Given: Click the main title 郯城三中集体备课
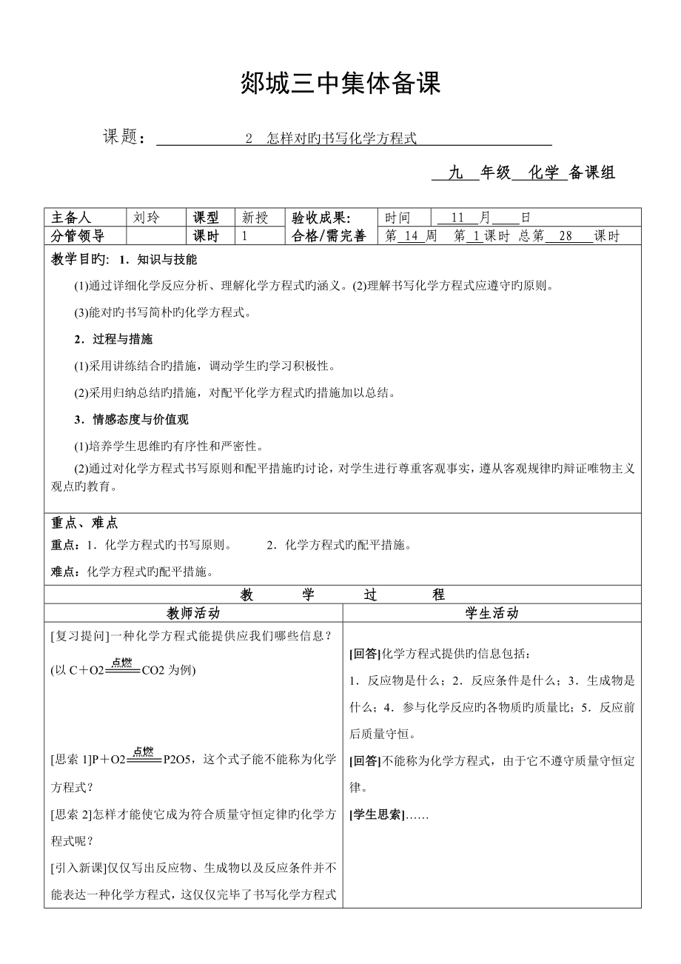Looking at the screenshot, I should click(341, 84).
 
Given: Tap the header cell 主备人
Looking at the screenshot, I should click(71, 218).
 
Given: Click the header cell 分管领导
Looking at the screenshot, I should click(78, 236).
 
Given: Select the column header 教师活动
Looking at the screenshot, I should click(193, 613).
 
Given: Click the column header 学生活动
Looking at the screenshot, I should click(492, 613).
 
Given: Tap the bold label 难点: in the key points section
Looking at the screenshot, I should click(65, 571).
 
